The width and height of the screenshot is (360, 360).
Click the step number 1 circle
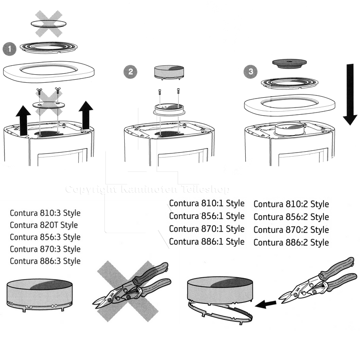pyautogui.click(x=9, y=48)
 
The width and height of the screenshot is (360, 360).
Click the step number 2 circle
pyautogui.click(x=130, y=71)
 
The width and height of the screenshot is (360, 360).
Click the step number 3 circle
pyautogui.click(x=250, y=71)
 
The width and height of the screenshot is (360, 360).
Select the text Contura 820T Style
pyautogui.click(x=44, y=225)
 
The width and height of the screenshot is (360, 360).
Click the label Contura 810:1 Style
pyautogui.click(x=207, y=203)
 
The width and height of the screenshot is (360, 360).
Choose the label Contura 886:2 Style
pyautogui.click(x=291, y=243)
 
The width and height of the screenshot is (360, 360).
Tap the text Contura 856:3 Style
pyautogui.click(x=45, y=237)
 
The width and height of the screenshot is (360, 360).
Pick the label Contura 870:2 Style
pyautogui.click(x=291, y=230)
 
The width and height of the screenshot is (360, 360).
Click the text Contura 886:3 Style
pyautogui.click(x=45, y=261)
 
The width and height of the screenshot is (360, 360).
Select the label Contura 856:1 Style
pyautogui.click(x=207, y=216)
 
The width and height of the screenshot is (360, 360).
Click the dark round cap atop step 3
pyautogui.click(x=288, y=63)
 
